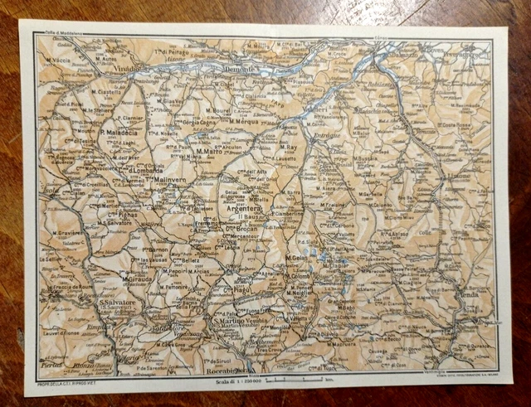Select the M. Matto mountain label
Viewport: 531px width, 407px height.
pos(213,153)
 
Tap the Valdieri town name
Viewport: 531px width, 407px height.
pos(314,107)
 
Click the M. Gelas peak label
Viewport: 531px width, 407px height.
pos(296,259)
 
